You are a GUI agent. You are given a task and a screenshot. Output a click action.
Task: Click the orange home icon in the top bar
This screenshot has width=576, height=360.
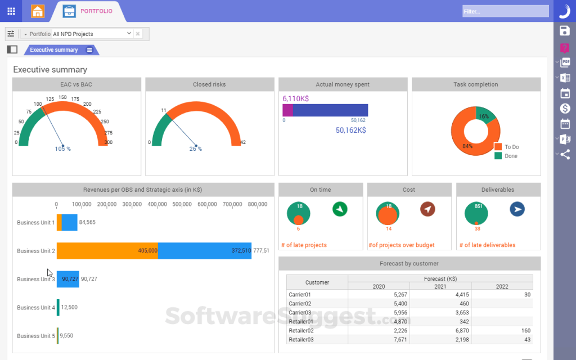click(38, 11)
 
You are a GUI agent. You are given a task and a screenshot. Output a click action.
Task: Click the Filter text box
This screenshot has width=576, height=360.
click(505, 11)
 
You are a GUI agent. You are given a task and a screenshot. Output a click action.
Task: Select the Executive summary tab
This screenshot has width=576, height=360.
click(54, 50)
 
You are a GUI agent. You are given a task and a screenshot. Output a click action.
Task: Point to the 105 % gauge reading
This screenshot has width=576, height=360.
click(62, 148)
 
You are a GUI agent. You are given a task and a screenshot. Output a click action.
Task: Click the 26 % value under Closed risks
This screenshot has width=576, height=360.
click(195, 148)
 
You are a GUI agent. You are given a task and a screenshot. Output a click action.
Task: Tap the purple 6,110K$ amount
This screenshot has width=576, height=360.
click(295, 98)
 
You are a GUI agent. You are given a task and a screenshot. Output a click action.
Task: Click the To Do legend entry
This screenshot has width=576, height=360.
click(511, 147)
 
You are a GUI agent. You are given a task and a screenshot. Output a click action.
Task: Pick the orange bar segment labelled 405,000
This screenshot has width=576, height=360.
click(107, 251)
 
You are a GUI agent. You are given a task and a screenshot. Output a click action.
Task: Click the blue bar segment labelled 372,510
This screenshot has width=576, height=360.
click(204, 251)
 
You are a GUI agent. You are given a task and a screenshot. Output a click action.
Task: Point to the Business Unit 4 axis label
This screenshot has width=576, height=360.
click(36, 308)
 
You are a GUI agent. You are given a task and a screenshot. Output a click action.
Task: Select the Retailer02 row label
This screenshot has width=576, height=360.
click(301, 330)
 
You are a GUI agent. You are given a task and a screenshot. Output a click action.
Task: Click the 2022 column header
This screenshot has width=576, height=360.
click(502, 286)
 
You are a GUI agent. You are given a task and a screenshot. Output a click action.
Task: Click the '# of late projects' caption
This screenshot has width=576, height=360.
click(307, 245)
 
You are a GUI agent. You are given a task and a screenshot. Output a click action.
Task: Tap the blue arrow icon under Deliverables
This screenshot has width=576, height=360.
click(517, 209)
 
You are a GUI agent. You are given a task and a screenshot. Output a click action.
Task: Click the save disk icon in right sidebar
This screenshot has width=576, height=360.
click(565, 30)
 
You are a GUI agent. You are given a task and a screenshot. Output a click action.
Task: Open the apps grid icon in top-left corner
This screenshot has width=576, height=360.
click(11, 11)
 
